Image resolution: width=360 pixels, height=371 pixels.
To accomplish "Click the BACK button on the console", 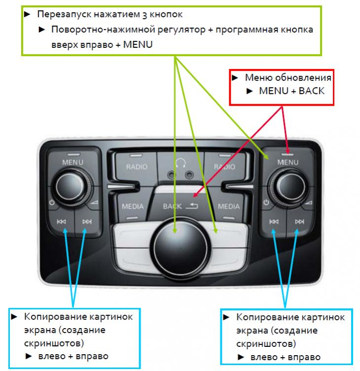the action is coord(180,205).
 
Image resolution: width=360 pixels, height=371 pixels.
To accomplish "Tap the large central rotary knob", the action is coord(180,249).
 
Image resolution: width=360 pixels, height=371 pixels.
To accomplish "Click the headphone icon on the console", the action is coord(180,163).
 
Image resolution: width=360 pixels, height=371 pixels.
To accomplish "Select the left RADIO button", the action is coord(136,166).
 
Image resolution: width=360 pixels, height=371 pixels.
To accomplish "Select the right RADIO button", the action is coord(225,166).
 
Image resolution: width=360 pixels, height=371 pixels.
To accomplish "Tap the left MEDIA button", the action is coord(133,206).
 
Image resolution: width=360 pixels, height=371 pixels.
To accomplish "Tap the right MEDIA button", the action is coord(228,206).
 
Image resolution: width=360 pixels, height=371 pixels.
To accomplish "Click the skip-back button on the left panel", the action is coord(61,222).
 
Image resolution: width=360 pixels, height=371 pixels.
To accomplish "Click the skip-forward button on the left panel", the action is coord(87,222).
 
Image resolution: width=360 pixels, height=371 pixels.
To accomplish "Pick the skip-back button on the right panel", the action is coord(274,222).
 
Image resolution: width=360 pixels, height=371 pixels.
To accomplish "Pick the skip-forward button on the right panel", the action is coord(299,222).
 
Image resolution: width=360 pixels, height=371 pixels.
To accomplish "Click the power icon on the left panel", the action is coord(52,203).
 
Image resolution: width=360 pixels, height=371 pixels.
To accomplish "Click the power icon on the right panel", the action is coord(266,203).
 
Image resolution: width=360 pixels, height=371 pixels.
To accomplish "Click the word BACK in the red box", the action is coord(312,91).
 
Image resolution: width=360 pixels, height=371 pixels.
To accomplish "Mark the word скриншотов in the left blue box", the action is coord(54,343).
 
